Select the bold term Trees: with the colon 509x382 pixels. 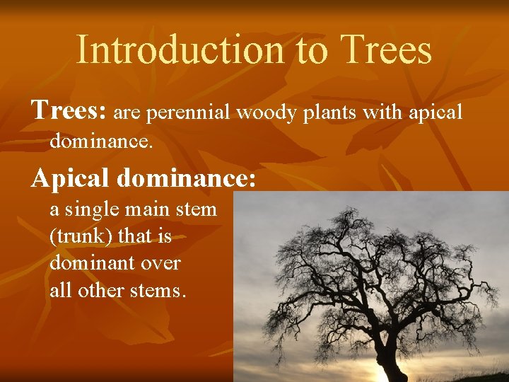pos(69,111)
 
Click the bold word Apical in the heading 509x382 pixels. pos(69,178)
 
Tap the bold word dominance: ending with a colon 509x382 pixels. pos(185,178)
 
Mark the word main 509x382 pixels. pos(157,210)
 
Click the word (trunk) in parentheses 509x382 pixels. pos(79,236)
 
